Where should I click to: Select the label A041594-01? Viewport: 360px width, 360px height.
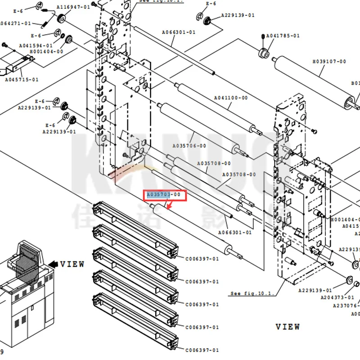36,45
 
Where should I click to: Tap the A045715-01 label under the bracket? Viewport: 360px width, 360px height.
22,80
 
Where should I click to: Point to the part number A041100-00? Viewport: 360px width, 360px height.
230,98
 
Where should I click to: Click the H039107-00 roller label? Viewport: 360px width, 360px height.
329,62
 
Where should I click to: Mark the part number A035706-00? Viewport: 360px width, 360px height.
189,146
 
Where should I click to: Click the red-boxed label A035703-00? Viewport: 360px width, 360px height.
164,195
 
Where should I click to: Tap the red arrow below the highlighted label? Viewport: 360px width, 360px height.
170,206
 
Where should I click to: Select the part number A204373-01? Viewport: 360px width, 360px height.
337,297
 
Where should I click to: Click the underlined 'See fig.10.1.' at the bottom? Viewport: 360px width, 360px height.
252,293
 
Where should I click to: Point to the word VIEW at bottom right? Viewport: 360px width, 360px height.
288,326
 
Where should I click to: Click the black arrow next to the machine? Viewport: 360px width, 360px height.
54,264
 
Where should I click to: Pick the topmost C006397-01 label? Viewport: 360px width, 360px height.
202,258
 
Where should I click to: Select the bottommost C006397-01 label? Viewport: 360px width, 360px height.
202,350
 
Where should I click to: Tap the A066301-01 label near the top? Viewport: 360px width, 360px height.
179,32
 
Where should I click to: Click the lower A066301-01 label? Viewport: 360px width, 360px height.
235,233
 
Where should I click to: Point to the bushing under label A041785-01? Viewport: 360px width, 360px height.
262,54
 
